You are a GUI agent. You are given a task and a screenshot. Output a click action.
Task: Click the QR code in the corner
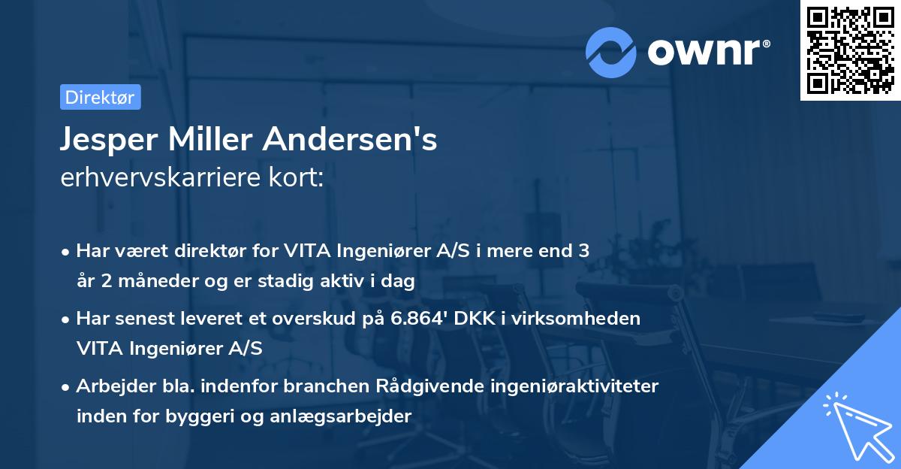[850, 50]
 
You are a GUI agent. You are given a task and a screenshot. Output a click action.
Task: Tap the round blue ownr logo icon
[611, 51]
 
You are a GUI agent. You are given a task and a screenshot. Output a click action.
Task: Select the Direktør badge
[100, 97]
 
